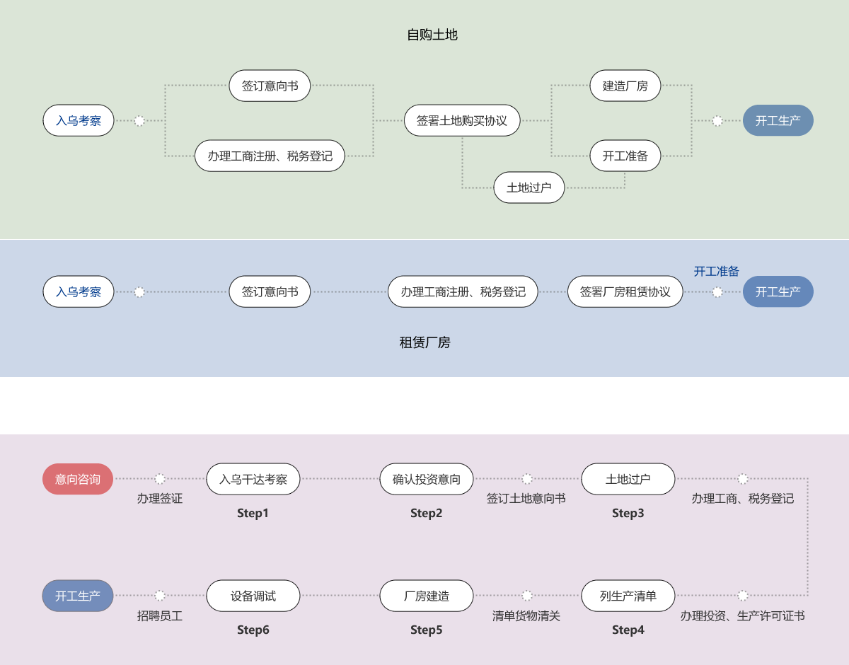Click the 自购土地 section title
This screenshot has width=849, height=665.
point(432,35)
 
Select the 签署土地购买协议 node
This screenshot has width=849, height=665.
point(462,120)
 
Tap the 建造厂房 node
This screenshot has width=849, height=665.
point(625,86)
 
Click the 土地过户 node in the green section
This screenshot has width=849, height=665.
point(529,187)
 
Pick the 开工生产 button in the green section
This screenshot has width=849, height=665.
point(778,120)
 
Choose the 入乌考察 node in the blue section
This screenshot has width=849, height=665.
point(79,291)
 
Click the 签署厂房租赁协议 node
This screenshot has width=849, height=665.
point(625,291)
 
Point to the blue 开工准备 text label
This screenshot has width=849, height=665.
point(716,271)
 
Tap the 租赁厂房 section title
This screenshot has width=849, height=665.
point(424,342)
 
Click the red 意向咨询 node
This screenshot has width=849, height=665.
point(78,479)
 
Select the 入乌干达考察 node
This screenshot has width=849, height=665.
point(253,479)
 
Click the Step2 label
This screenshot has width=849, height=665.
point(426,513)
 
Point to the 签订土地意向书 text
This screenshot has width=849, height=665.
point(526,498)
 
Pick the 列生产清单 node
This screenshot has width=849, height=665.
point(628,596)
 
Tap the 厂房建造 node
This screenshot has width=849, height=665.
point(426,596)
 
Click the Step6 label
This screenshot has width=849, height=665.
point(253,630)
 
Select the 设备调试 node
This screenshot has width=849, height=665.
point(253,596)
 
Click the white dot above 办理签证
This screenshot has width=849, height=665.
point(160,478)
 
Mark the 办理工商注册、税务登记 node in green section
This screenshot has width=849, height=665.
point(270,156)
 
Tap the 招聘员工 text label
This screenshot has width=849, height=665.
point(160,615)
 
